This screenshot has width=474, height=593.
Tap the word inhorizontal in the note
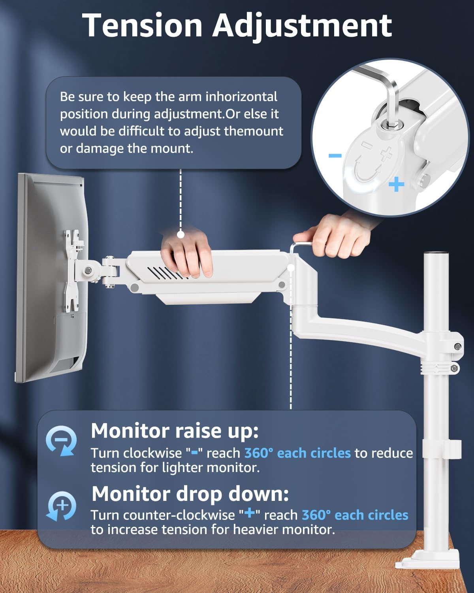pos(241,97)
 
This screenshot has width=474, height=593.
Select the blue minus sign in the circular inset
pos(335,156)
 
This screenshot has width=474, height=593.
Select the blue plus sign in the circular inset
pos(396,184)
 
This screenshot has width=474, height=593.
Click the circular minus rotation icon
pos(61,440)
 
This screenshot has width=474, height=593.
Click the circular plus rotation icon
pos(62,506)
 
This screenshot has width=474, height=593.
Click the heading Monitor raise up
pos(175,431)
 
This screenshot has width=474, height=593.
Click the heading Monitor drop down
pos(190,494)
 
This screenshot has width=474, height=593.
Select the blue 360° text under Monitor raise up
pos(258,453)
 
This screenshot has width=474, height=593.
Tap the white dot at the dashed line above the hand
pos(181,234)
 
